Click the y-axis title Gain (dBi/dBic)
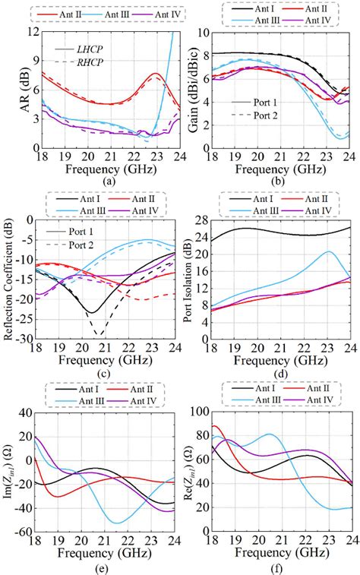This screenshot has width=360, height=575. click(194, 89)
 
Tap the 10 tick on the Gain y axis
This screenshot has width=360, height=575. click(210, 33)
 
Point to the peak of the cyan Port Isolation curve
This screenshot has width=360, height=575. click(329, 251)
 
